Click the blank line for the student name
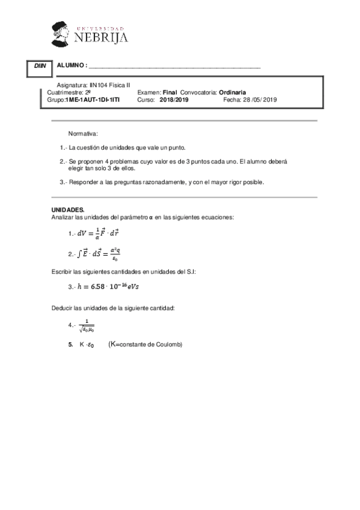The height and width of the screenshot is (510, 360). click(174, 66)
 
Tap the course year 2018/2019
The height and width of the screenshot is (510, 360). click(174, 100)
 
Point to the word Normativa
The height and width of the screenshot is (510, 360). click(83, 133)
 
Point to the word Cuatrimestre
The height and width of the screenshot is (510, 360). click(65, 93)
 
